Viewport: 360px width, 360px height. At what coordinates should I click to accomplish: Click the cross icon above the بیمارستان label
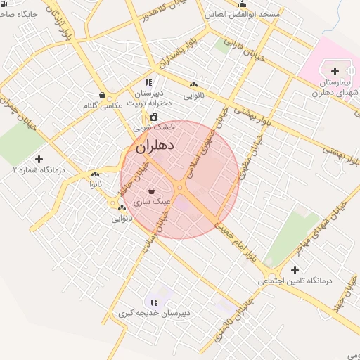coord(335,71)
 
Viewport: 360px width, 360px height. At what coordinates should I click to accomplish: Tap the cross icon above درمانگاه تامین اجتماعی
coord(294,270)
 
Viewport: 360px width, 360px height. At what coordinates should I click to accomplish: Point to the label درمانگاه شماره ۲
coord(39,169)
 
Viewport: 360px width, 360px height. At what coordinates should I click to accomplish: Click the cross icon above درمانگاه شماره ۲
coord(39,159)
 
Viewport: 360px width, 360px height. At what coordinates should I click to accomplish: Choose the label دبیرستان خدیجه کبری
coord(154,312)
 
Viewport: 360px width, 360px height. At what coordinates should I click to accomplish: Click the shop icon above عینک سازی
coord(152,191)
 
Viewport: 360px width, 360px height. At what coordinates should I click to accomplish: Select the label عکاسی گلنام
coord(102,105)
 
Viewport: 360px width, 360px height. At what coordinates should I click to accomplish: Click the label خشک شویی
coord(153,128)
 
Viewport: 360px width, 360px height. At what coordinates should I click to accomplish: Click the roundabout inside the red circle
coord(181,186)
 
